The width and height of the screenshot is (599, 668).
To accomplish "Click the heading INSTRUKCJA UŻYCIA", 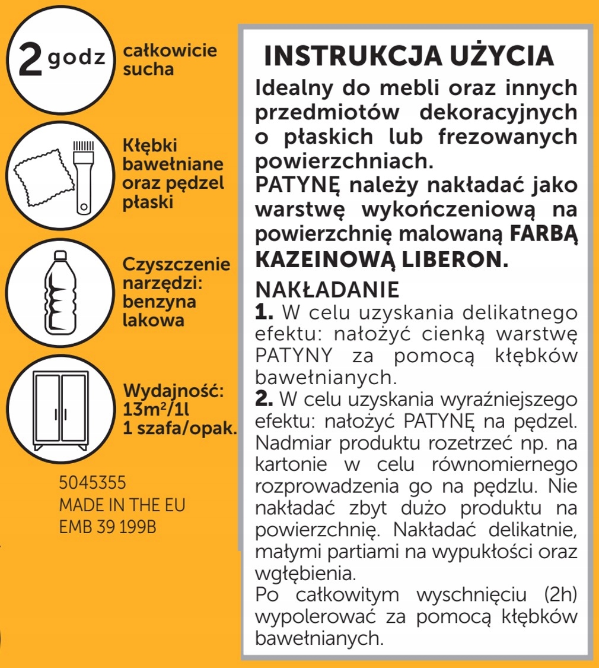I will tap(409, 56).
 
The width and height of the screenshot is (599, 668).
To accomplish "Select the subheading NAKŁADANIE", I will tap(326, 290).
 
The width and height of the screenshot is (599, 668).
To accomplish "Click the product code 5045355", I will tap(93, 480).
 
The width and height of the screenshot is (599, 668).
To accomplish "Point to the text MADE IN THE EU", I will tap(122, 505).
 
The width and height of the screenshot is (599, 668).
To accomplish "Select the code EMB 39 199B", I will tap(108, 528).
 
